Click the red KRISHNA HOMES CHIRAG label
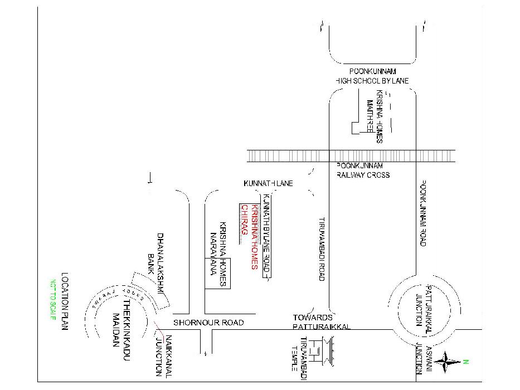coord(249,236)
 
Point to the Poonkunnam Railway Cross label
coord(363,170)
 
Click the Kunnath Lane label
coord(268,183)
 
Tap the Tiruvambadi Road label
coord(322,248)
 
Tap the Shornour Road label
coord(208,323)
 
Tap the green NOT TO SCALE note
coord(54,299)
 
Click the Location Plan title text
coord(65,301)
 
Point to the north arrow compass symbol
coord(448,362)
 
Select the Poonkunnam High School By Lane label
coord(372,77)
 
